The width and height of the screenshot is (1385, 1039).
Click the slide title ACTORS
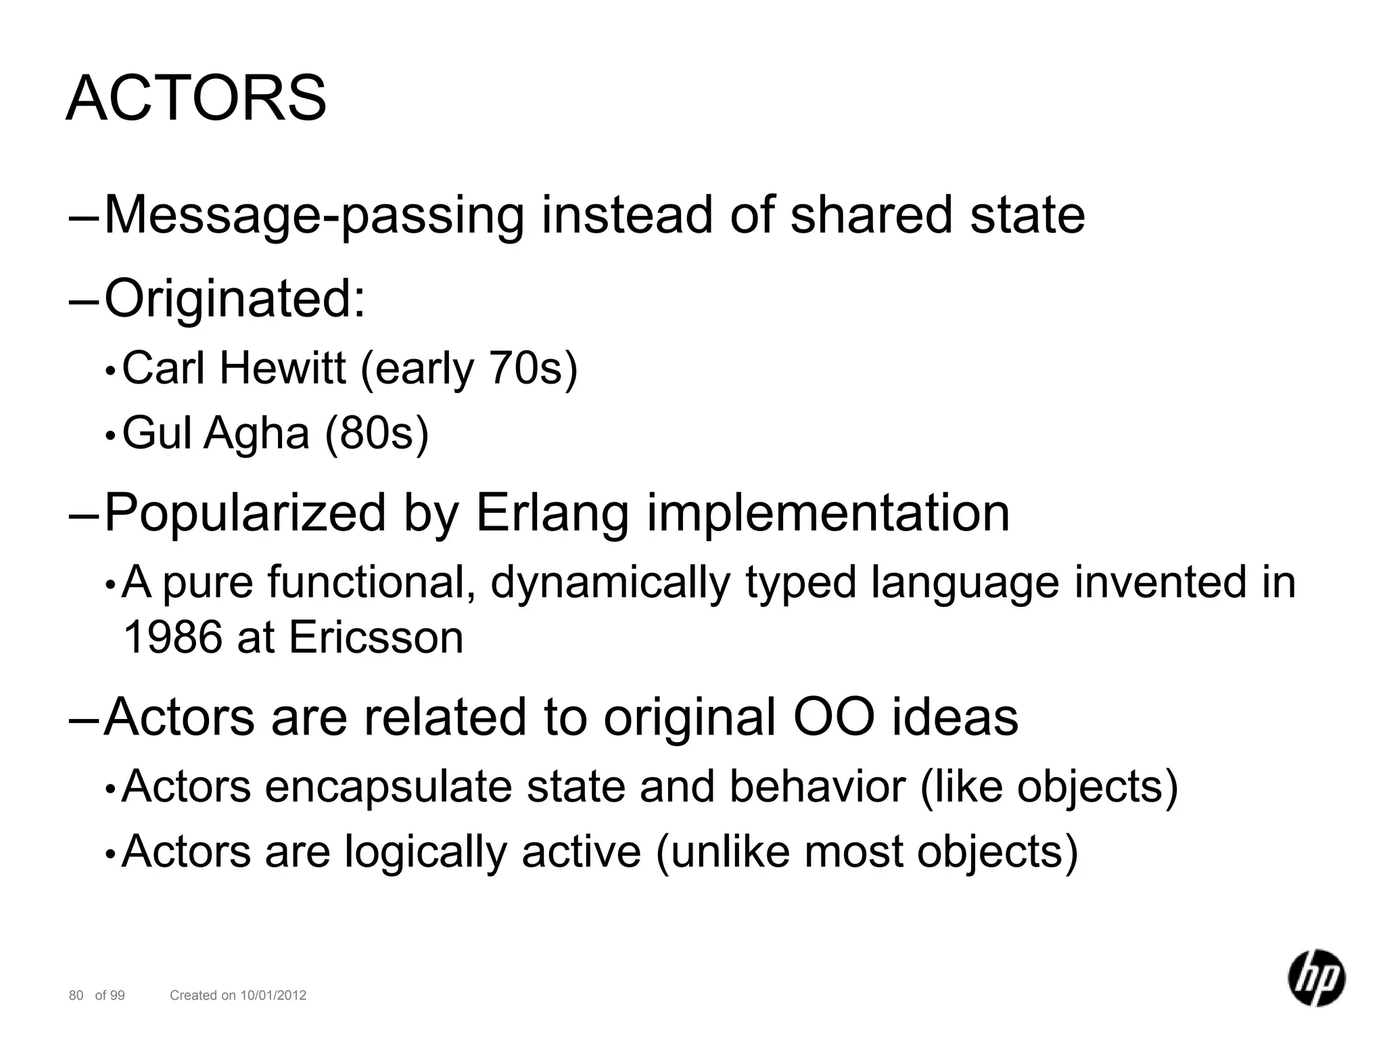196,99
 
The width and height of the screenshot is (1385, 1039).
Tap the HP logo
1316,977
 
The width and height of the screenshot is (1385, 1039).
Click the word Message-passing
314,215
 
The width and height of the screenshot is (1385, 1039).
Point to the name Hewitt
282,369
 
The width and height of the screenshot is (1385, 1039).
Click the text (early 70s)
469,369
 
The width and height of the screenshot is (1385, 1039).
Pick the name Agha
256,433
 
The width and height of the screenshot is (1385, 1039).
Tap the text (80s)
377,433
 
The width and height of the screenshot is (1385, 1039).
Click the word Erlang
553,513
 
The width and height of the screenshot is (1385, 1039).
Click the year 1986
172,637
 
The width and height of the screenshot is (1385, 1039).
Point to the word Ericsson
376,637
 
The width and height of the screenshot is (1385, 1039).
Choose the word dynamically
610,582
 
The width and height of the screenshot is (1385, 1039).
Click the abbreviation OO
833,717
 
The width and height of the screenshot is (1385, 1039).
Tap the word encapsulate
388,787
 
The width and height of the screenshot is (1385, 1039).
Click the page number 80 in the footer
76,995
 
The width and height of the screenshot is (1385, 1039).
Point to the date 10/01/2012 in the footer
273,995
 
